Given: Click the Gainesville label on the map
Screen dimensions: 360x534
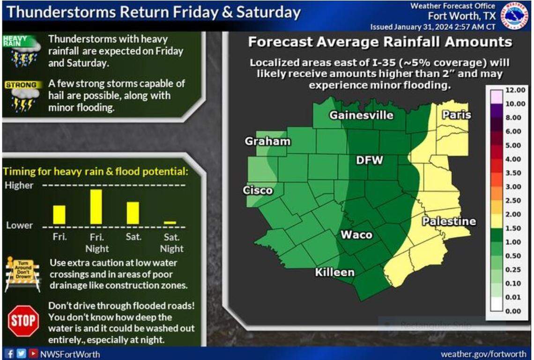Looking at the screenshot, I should click(361, 115).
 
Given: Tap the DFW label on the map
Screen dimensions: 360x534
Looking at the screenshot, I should click(370, 161).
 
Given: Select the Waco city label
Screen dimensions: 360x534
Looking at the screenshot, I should click(356, 235).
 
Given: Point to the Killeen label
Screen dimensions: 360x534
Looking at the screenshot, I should click(334, 272).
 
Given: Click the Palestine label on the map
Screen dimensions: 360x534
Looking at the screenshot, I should click(449, 221).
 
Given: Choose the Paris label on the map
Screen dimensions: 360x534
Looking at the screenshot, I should click(456, 115).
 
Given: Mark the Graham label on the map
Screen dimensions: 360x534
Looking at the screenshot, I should click(267, 141).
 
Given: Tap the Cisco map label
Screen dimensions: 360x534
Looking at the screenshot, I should click(258, 191).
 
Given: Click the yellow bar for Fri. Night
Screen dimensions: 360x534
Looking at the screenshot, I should click(96, 206).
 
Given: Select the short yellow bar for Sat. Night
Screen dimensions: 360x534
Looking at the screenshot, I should click(170, 222).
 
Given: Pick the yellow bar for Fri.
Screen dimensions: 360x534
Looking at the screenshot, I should click(59, 214).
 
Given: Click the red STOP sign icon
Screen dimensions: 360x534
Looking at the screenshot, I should click(23, 321).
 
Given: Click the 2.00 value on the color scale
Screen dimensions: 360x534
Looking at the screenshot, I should click(514, 214).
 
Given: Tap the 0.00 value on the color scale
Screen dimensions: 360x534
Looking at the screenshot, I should click(514, 311).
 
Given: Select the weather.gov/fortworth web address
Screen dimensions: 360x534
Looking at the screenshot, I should click(483, 354).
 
